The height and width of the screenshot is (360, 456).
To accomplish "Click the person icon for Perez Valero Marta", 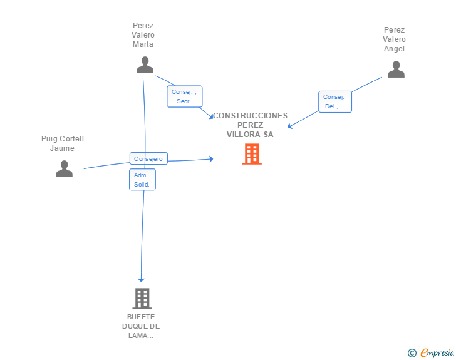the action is pyautogui.click(x=145, y=65).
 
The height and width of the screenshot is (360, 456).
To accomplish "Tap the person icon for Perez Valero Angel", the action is pyautogui.click(x=396, y=69).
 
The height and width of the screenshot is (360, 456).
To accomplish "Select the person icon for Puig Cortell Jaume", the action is pyautogui.click(x=64, y=168).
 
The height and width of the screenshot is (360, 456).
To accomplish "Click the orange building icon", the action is pyautogui.click(x=252, y=154).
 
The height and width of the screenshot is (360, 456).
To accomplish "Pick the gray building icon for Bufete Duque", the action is pyautogui.click(x=142, y=299).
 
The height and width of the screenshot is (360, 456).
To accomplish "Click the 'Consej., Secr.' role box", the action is pyautogui.click(x=184, y=96).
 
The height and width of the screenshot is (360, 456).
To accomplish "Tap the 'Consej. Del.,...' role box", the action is pyautogui.click(x=335, y=101).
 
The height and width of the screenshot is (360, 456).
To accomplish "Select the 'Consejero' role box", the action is pyautogui.click(x=148, y=158).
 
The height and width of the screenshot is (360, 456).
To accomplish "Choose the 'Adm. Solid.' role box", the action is pyautogui.click(x=142, y=180).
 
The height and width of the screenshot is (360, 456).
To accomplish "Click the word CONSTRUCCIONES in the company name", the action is pyautogui.click(x=250, y=116).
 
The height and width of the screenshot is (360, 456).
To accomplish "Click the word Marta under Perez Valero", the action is pyautogui.click(x=143, y=44).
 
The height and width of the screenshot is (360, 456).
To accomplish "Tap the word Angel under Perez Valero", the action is pyautogui.click(x=394, y=49).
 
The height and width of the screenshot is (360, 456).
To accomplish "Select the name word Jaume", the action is pyautogui.click(x=62, y=148).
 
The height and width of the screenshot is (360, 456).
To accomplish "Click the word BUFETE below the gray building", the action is pyautogui.click(x=141, y=317).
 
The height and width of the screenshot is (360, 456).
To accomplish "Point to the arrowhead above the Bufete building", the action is pyautogui.click(x=141, y=280).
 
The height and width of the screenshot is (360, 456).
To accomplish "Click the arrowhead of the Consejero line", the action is pyautogui.click(x=212, y=159).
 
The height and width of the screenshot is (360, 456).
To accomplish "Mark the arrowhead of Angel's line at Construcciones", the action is pyautogui.click(x=289, y=126).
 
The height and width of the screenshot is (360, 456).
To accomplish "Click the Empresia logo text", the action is pyautogui.click(x=437, y=352).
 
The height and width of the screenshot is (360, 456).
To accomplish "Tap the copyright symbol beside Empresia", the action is pyautogui.click(x=412, y=353).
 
